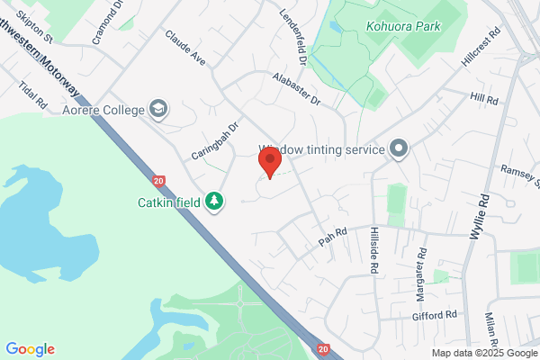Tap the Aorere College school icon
159,108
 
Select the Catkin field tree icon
214,200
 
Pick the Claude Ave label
185,47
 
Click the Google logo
30,349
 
